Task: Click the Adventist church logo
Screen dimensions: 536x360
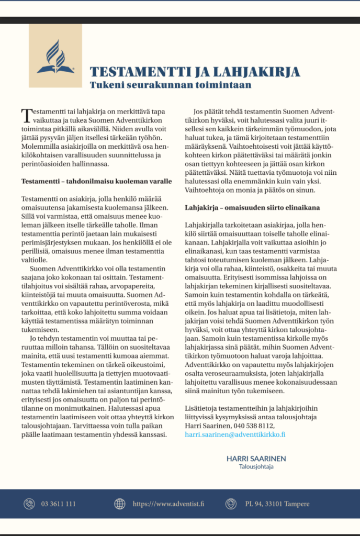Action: pos(55,56)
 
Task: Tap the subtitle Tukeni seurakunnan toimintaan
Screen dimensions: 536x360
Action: pos(171,84)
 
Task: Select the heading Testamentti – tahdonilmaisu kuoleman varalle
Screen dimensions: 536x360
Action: pos(96,181)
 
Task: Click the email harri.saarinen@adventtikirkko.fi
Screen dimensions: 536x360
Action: pos(235,434)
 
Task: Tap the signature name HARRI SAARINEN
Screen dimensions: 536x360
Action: pos(256,459)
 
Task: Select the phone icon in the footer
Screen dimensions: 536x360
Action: pos(29,504)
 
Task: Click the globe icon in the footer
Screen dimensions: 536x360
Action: pos(120,504)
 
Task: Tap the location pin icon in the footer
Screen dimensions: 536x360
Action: pos(231,504)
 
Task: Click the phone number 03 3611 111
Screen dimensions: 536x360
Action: pos(59,504)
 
